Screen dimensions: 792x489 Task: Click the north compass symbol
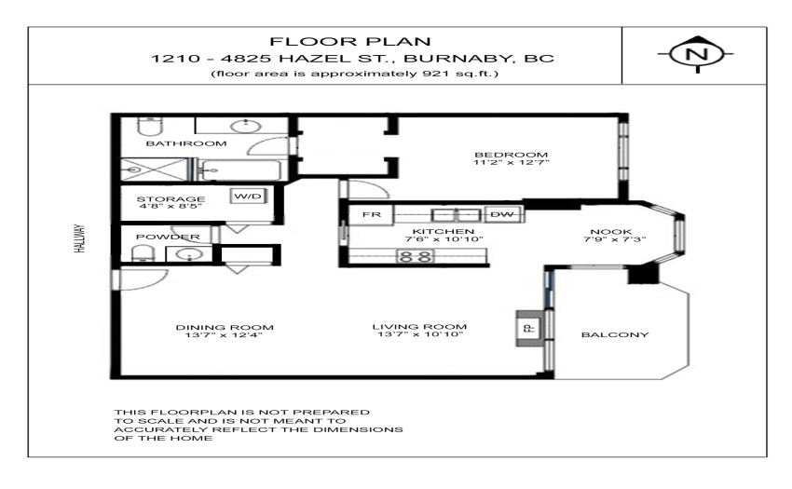coord(697,53)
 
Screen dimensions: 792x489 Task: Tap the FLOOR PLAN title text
coord(350,41)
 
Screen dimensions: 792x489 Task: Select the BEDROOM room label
coord(512,155)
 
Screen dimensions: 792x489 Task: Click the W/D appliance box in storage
coord(248,196)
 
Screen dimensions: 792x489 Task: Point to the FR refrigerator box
coord(371,215)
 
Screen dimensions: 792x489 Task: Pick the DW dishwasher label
coord(501,214)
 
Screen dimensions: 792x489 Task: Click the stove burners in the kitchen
coord(416,256)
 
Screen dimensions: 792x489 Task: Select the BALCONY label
coord(615,334)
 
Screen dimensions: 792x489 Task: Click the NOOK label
coord(610,231)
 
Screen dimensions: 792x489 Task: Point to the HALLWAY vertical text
coord(80,238)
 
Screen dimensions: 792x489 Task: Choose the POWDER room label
coord(168,237)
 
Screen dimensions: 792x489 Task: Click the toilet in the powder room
coord(143,253)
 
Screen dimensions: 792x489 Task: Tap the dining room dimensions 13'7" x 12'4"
coord(225,335)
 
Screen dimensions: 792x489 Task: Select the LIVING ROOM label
coord(419,326)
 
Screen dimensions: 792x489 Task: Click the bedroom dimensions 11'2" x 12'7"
coord(512,163)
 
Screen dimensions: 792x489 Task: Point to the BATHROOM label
coord(186,143)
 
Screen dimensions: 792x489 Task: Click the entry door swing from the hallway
coord(143,279)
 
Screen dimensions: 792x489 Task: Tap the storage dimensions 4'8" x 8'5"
coord(171,206)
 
